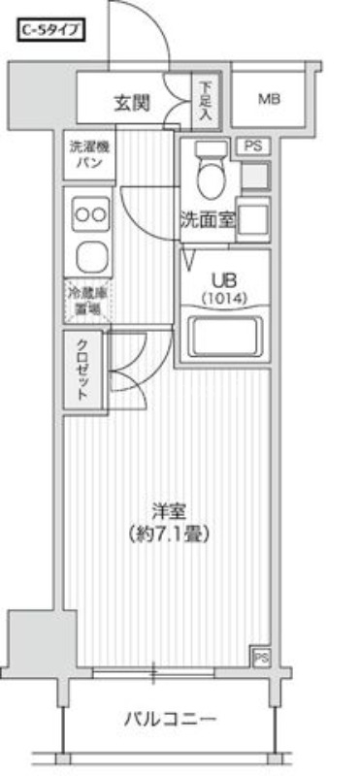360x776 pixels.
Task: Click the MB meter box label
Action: (x=271, y=98)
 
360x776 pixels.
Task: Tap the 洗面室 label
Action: (x=207, y=220)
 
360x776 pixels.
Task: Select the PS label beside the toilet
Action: (x=253, y=146)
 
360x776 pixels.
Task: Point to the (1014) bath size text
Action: (x=225, y=298)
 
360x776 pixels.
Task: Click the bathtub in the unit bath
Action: (x=225, y=337)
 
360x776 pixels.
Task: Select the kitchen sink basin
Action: (x=89, y=257)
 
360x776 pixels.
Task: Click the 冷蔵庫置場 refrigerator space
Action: (x=86, y=301)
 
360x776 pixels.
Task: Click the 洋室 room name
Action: (x=168, y=511)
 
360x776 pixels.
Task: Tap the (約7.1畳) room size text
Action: (x=169, y=533)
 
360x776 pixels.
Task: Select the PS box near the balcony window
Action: (x=261, y=657)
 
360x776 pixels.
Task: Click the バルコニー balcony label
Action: (x=169, y=719)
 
